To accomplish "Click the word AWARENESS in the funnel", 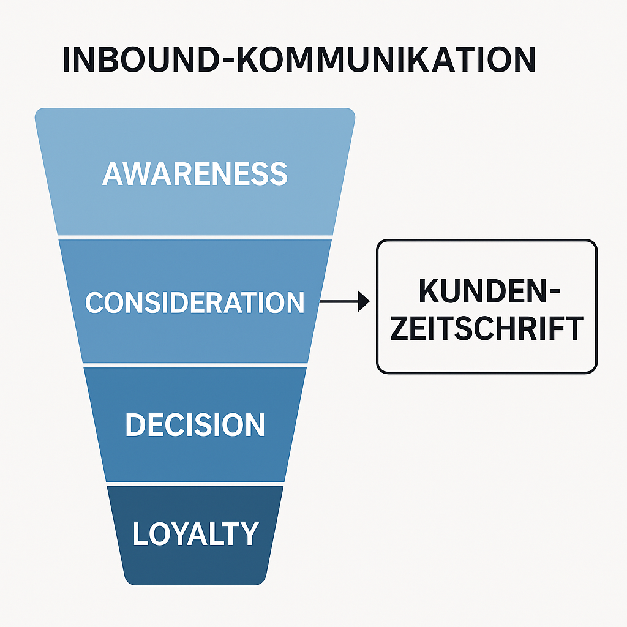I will [195, 174].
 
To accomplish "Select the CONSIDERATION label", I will [195, 302].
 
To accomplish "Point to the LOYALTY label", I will [195, 534].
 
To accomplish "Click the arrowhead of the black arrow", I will [365, 301].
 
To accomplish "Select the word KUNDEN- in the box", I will [489, 291].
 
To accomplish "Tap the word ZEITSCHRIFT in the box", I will [487, 329].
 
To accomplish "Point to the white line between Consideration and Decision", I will [195, 364].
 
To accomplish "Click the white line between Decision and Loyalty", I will [195, 484].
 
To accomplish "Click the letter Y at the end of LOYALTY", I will [249, 534].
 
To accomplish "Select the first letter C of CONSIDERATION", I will [94, 302].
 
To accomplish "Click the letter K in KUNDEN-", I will [430, 291].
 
